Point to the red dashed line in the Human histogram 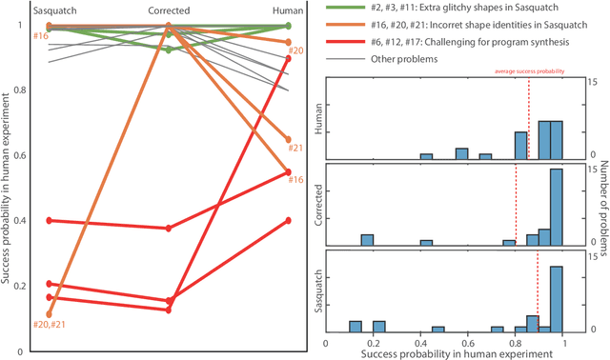[528, 119]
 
